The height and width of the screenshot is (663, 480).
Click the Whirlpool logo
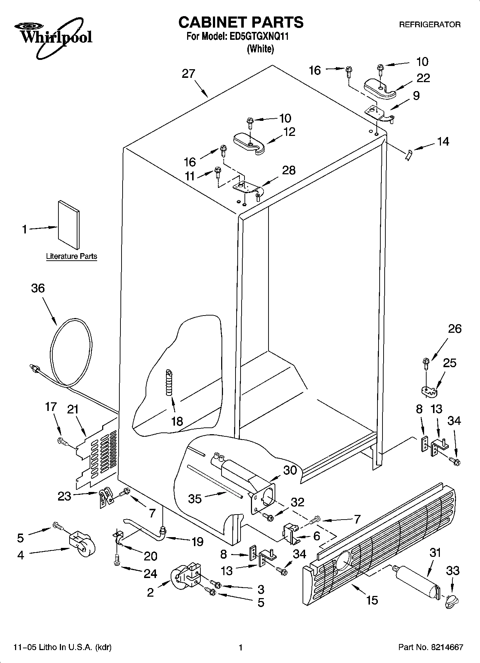54,38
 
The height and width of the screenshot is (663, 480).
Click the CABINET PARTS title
241,22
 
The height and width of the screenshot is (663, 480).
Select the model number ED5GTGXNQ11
258,37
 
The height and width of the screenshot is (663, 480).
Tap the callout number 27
188,74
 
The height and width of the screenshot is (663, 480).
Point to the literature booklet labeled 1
69,224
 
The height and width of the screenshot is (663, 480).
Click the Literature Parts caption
71,256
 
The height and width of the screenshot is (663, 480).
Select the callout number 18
177,421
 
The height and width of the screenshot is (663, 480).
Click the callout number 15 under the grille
372,600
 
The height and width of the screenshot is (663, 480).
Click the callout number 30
290,470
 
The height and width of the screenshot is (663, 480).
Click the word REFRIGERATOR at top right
430,25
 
